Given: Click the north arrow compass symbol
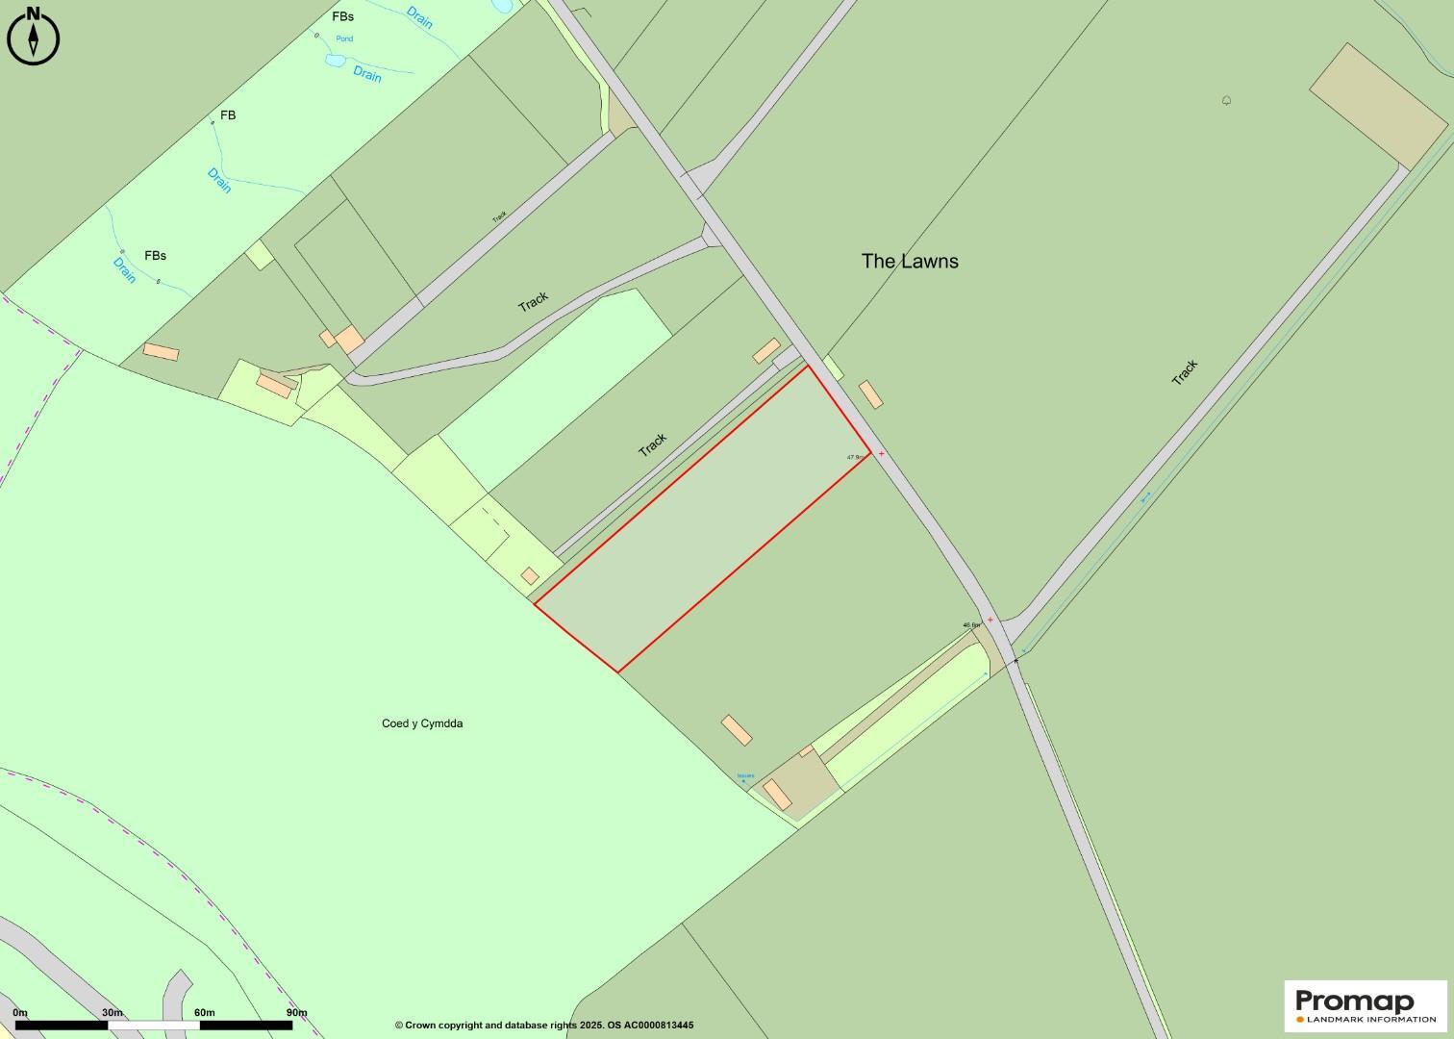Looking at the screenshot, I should click(x=34, y=38).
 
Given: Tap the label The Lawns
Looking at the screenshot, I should click(x=910, y=261).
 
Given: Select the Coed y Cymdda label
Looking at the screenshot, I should click(x=422, y=723).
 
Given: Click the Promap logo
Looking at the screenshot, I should click(x=1366, y=1005).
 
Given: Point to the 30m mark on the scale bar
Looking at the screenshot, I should click(x=113, y=1013).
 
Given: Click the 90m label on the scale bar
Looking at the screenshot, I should click(x=296, y=1013).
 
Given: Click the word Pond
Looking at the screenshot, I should click(x=344, y=38).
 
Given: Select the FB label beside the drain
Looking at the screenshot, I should click(x=228, y=115).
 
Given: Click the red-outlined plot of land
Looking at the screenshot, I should click(x=702, y=519).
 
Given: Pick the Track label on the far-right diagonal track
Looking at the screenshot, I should click(x=1185, y=372).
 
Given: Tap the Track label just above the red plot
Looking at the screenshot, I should click(x=653, y=444).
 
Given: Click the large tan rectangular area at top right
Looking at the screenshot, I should click(x=1378, y=106).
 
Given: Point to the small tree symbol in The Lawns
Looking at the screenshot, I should click(x=1227, y=100).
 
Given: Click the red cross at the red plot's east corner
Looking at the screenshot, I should click(x=882, y=453).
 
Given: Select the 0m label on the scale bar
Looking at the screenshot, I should click(x=20, y=1013).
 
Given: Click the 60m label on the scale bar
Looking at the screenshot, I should click(x=204, y=1013).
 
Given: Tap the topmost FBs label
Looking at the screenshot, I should click(x=342, y=16).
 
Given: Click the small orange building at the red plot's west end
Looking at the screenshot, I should click(x=530, y=575).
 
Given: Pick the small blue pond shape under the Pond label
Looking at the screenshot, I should click(x=334, y=60).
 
